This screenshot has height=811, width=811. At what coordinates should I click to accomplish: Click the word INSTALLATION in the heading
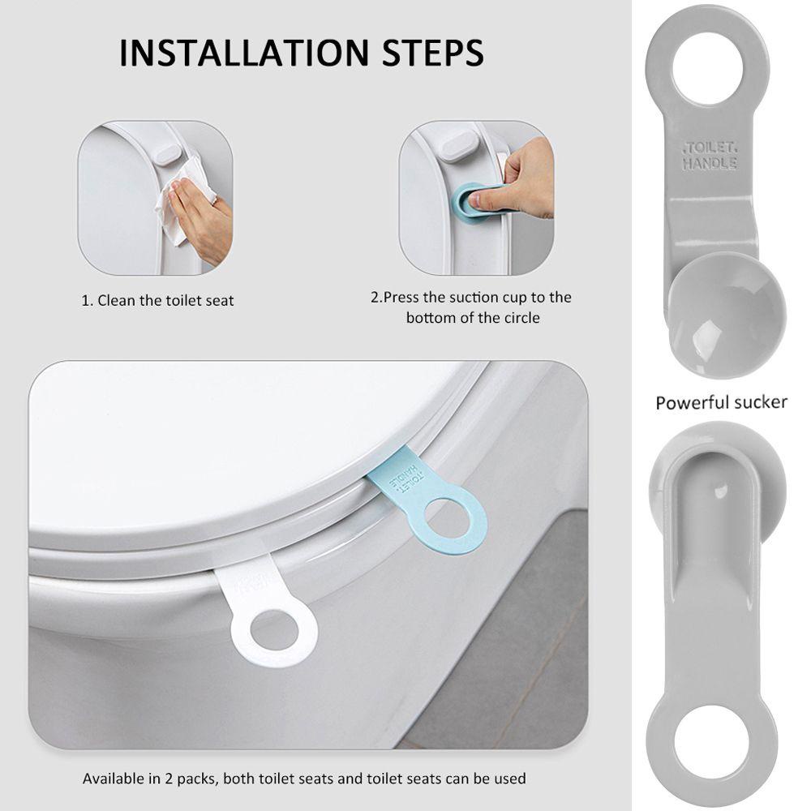tap(244, 53)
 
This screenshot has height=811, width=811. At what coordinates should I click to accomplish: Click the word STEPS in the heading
tap(433, 53)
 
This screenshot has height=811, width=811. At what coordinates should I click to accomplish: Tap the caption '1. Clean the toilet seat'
tap(158, 301)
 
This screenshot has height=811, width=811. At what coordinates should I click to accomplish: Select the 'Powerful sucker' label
tap(721, 402)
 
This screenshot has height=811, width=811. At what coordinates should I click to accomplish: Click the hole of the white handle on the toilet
tap(274, 630)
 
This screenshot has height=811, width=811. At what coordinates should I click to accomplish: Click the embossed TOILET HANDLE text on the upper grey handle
tap(710, 156)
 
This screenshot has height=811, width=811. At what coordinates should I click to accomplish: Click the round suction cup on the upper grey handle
tap(727, 316)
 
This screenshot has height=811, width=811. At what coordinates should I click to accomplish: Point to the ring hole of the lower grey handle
tap(711, 740)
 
